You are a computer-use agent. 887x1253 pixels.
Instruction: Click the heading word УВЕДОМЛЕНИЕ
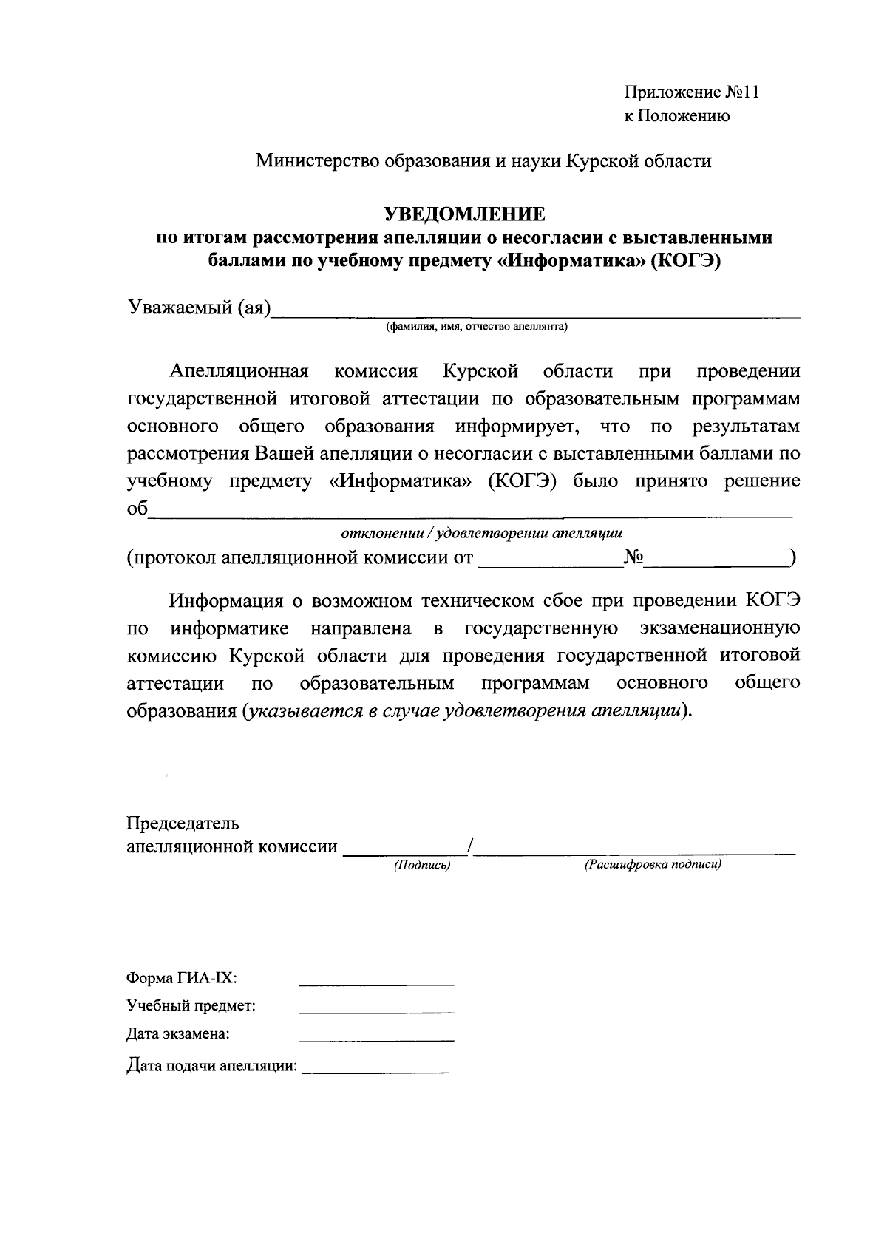464,214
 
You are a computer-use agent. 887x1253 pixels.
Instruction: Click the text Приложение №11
692,92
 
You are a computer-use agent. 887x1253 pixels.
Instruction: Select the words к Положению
677,116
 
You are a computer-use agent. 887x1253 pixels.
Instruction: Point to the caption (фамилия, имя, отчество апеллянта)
476,327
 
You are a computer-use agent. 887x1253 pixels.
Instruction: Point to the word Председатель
183,824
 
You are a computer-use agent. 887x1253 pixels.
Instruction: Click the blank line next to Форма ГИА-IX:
376,982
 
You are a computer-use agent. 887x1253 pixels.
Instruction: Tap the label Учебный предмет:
191,1006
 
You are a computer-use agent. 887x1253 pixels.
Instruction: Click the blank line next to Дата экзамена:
376,1038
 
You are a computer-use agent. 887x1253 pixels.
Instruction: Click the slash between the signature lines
470,846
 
